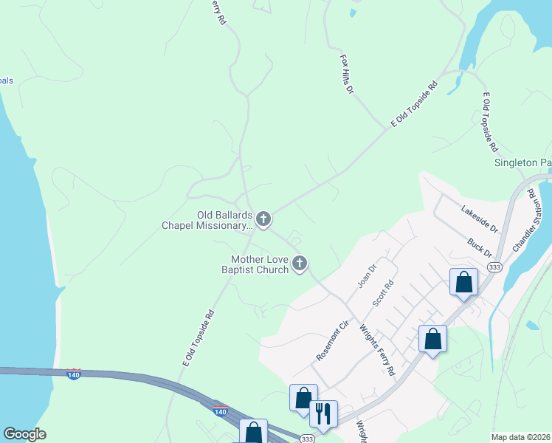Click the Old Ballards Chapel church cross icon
pos(263,219)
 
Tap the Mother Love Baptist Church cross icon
pos(300,263)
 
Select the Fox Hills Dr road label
pos(348,73)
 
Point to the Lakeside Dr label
pos(480,219)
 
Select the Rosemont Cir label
pos(332,340)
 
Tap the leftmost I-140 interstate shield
pos(73,374)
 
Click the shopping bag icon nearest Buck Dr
pos(463,281)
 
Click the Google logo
pos(24,434)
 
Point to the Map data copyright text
pos(521,437)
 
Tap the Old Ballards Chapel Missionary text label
pos(207,220)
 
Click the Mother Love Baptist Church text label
pos(258,264)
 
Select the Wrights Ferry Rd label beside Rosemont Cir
pos(378,349)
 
